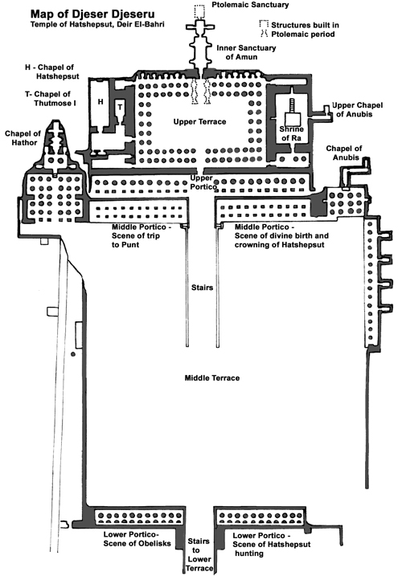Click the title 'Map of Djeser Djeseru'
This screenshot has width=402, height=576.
pos(92,14)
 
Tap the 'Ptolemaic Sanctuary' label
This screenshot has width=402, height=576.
pos(250,5)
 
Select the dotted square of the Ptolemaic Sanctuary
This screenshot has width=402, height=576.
pos(199,12)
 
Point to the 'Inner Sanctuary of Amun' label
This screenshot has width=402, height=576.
pos(246,52)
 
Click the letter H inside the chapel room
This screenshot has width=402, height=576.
pos(100,102)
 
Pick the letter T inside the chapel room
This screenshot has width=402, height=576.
pos(120,108)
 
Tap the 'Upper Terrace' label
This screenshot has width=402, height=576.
pos(199,121)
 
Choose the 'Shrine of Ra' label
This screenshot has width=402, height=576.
pos(291,133)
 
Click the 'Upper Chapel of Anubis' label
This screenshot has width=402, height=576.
pos(357,109)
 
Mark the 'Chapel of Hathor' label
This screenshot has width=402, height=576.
pos(23,138)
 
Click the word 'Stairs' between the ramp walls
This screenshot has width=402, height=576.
pos(203,288)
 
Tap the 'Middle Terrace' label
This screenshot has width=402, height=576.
pos(212,378)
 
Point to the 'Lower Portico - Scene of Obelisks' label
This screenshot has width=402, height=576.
pos(137,539)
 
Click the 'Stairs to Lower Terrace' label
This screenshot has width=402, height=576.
pos(199,554)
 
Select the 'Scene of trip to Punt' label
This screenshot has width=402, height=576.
pos(142,236)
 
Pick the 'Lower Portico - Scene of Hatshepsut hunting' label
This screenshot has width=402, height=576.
pos(272,545)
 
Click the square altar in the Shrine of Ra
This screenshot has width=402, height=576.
pos(293,120)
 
